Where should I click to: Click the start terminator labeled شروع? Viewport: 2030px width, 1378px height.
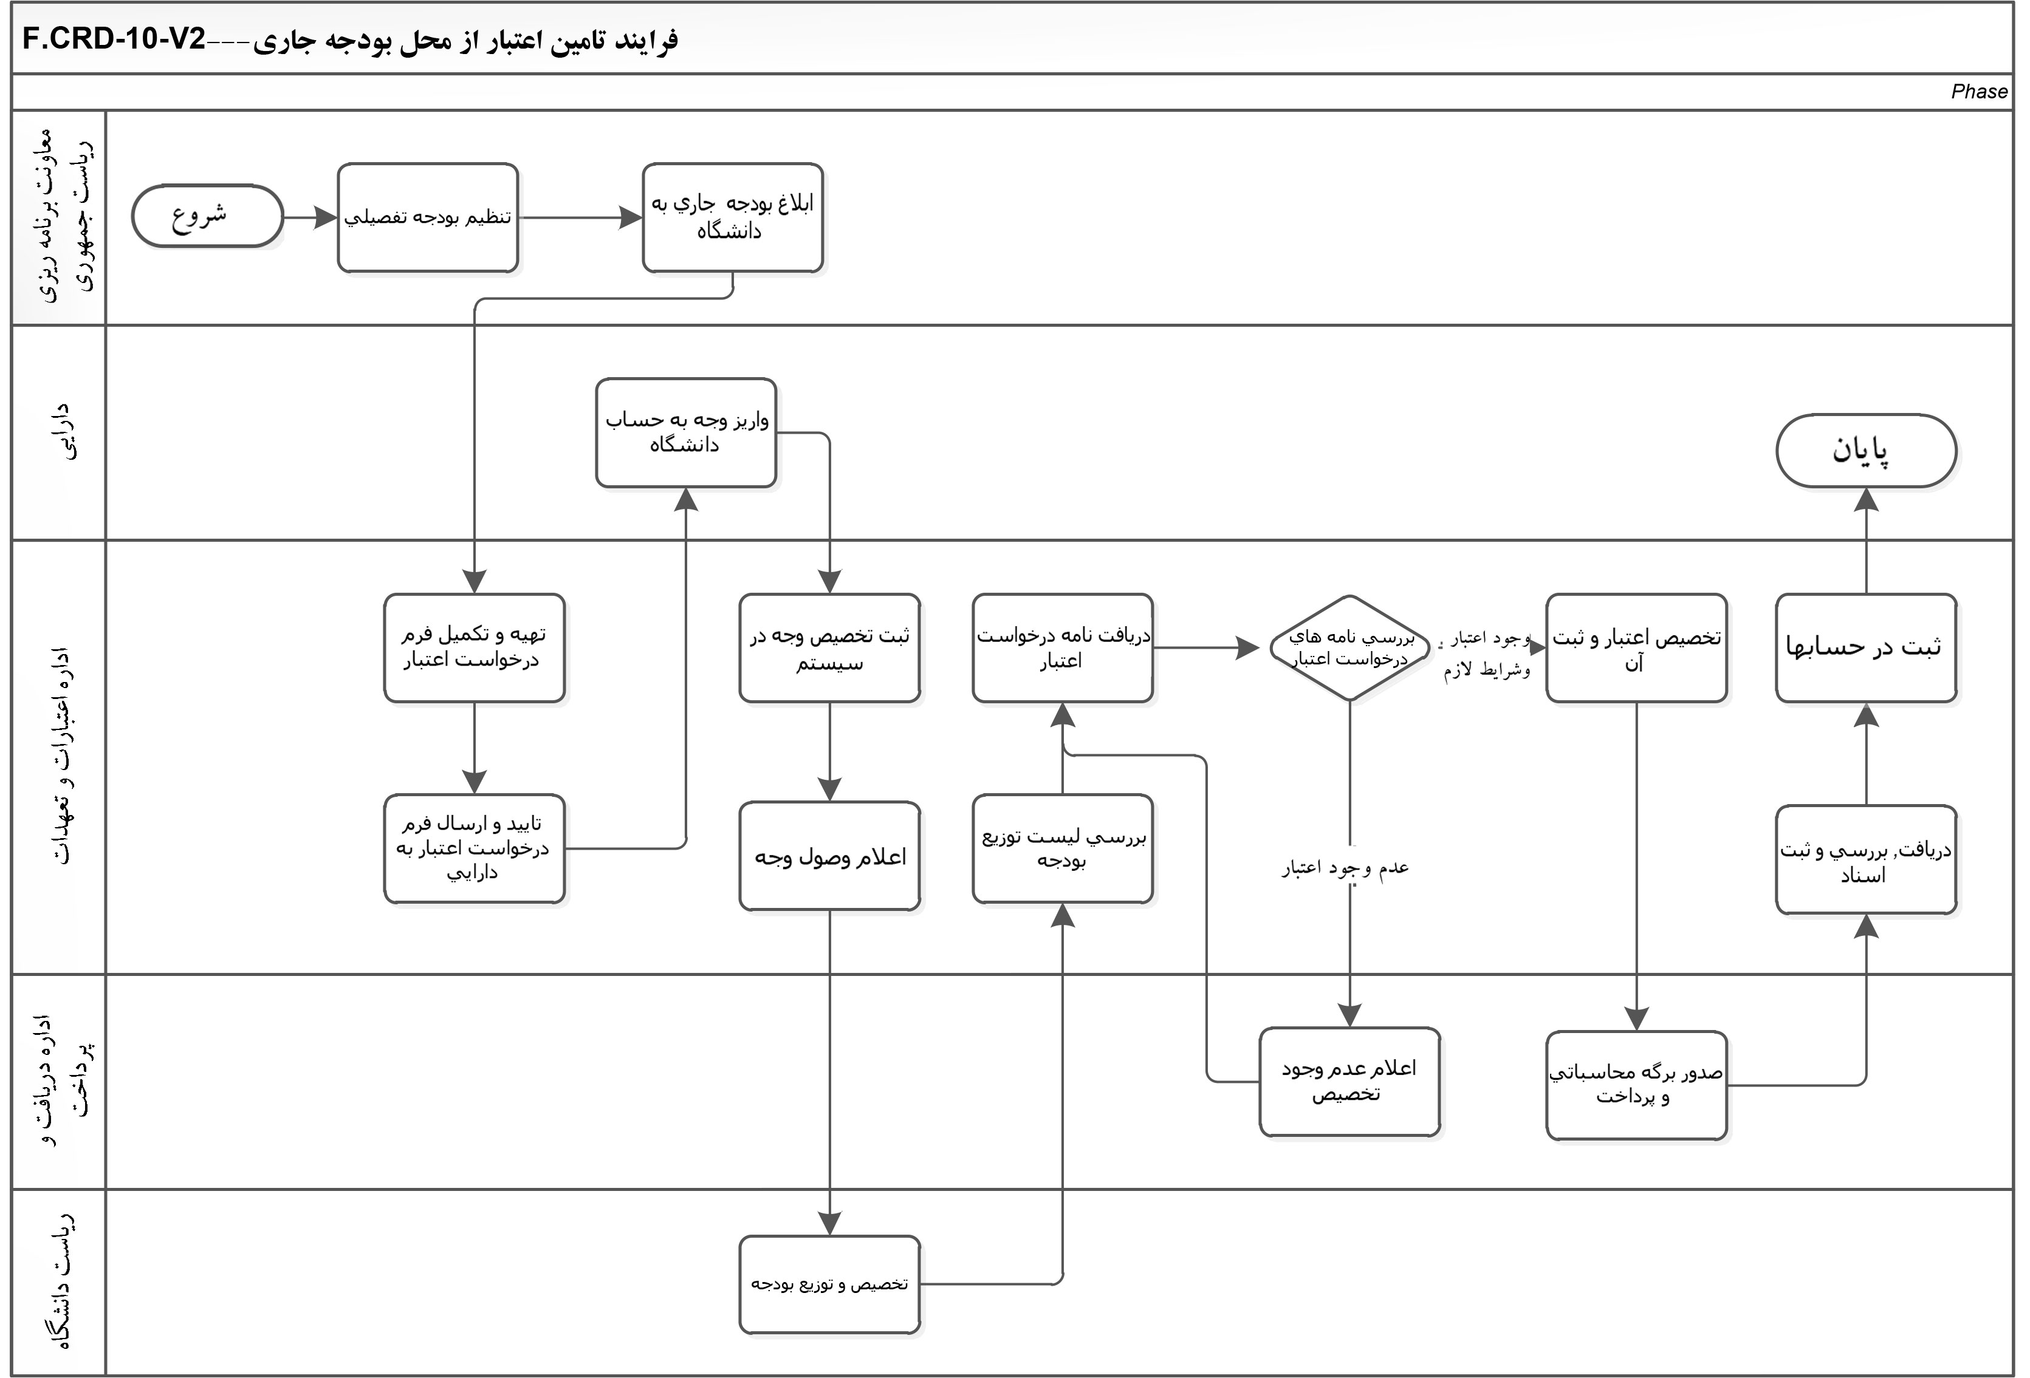pos(207,216)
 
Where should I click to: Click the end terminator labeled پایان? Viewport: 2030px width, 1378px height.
pos(1866,451)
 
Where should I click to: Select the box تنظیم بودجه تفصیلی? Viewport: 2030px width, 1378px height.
pos(427,217)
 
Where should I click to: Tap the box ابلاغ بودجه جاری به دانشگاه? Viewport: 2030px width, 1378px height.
pos(732,217)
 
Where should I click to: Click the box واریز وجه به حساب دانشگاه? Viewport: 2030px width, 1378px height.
pos(686,432)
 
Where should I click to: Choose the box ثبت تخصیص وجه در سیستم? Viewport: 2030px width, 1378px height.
pos(829,648)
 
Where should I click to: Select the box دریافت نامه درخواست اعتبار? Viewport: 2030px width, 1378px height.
pos(1062,648)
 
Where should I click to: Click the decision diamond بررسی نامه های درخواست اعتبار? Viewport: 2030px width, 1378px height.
pos(1349,648)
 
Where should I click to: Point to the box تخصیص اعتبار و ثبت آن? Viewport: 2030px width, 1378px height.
pos(1636,648)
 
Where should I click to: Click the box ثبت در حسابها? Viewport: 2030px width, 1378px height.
pos(1866,648)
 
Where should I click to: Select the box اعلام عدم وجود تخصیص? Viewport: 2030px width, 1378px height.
pos(1349,1081)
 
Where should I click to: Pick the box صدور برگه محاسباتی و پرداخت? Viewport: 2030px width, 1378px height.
pos(1636,1085)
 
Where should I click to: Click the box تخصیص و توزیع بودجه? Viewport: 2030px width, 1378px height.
pos(829,1284)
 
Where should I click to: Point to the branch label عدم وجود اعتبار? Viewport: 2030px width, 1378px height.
pos(1345,868)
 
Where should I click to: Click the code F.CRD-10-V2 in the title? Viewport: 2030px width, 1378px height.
pos(114,40)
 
